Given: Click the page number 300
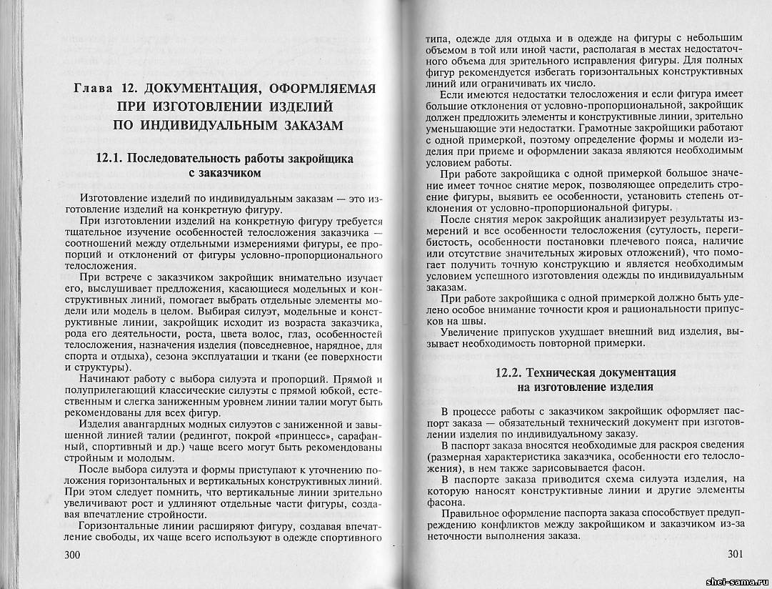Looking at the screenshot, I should pos(74,555).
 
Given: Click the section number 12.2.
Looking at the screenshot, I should pos(512,373).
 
